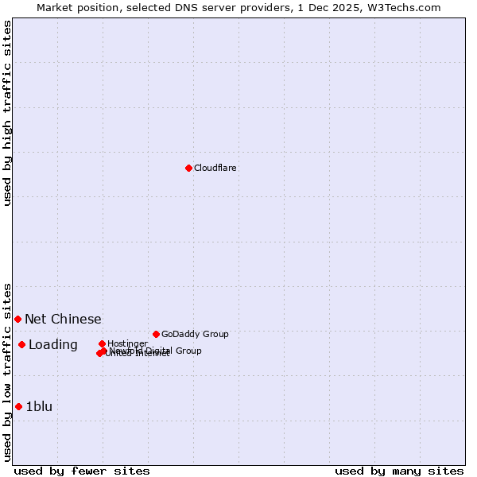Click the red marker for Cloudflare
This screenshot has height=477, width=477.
[188, 168]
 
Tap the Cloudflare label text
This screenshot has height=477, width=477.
[215, 168]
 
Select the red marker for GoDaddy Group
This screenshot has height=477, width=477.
[156, 334]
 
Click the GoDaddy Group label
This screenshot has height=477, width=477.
[194, 334]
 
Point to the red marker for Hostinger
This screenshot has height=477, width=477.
[102, 343]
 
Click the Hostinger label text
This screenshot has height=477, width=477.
[127, 343]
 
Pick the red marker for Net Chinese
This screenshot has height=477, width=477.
[17, 319]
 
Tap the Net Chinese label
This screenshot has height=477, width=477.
[63, 319]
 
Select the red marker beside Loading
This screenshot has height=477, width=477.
[21, 344]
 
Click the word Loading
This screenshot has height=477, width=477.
[52, 344]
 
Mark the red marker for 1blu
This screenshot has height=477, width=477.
[18, 406]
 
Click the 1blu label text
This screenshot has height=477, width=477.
[39, 406]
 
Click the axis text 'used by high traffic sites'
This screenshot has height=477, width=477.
[7, 113]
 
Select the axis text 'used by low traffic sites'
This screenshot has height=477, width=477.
[7, 372]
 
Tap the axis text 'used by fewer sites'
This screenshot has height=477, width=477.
[82, 471]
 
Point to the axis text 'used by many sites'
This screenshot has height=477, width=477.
[399, 471]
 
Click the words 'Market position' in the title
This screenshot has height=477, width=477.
[74, 7]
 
